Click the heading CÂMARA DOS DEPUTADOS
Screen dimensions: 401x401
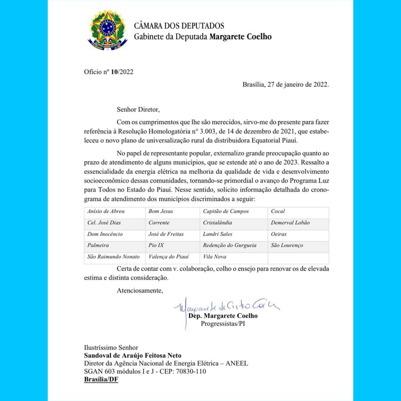[179, 26]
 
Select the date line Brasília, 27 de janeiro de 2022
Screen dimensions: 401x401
[285, 84]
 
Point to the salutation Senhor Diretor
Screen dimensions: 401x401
[138, 109]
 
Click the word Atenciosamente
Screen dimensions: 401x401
[140, 291]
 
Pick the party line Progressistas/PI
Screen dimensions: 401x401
[223, 323]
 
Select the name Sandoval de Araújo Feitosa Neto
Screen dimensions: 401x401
[132, 356]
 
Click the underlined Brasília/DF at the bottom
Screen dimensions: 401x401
[101, 379]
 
